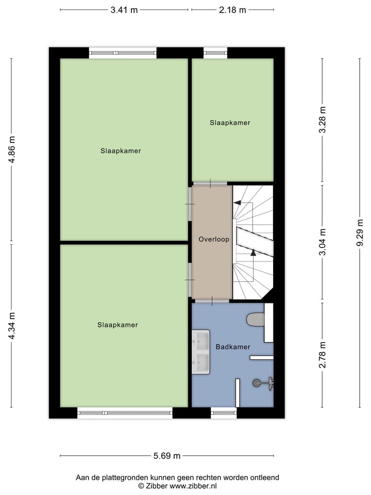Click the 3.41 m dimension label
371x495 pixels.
tap(124, 10)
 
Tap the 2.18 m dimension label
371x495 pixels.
tap(233, 10)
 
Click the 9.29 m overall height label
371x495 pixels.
tap(360, 234)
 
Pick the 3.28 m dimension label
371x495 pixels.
tap(323, 120)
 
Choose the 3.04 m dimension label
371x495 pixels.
tap(323, 242)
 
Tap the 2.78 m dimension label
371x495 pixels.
tap(323, 354)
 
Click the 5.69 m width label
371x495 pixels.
tap(167, 456)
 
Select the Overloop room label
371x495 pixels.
tap(214, 240)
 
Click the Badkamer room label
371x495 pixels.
tap(233, 347)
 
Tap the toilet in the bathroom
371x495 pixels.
tap(256, 320)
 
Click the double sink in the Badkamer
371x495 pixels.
tap(200, 352)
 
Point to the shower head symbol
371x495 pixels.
tap(257, 383)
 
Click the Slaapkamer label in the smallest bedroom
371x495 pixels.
tap(230, 123)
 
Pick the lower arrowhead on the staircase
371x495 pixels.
tap(253, 252)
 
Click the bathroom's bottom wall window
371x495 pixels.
tap(224, 412)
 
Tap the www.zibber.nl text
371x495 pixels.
tap(195, 486)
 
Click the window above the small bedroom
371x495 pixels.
tap(215, 52)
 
